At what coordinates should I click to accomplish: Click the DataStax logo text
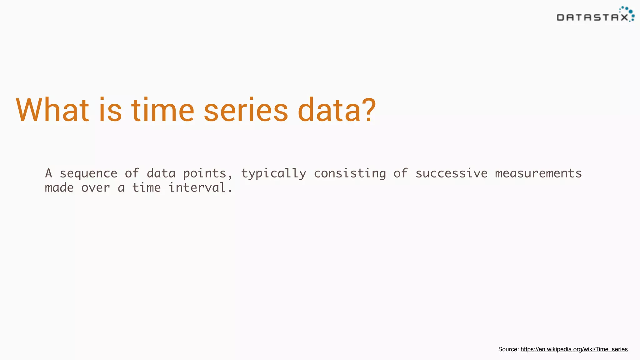tap(592, 17)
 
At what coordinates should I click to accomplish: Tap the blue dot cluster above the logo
tap(627, 11)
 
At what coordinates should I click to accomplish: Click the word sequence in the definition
tap(88, 173)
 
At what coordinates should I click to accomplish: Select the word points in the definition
tap(205, 173)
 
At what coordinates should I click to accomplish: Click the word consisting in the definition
tap(350, 173)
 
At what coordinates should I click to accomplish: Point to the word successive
tap(451, 173)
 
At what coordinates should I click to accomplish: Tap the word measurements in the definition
tap(538, 173)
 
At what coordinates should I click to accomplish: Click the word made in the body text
tap(59, 188)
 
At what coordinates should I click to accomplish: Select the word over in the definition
tap(96, 188)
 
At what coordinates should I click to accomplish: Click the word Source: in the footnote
tap(508, 349)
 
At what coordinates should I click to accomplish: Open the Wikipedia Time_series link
tap(574, 349)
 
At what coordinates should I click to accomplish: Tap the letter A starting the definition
tap(48, 173)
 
